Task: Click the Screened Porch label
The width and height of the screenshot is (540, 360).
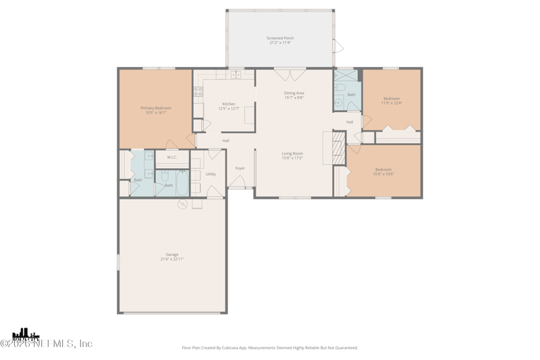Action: pyautogui.click(x=279, y=38)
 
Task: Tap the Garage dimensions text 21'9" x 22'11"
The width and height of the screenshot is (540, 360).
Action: pyautogui.click(x=172, y=259)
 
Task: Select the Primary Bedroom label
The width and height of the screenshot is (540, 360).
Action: pyautogui.click(x=156, y=108)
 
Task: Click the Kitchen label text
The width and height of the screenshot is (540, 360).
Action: pyautogui.click(x=229, y=104)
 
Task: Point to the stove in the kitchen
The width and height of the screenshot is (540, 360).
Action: pyautogui.click(x=198, y=91)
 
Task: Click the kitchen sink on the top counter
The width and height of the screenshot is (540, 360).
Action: pyautogui.click(x=236, y=74)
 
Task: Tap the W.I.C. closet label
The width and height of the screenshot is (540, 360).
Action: pyautogui.click(x=172, y=157)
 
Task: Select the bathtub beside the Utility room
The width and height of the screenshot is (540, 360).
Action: pyautogui.click(x=182, y=182)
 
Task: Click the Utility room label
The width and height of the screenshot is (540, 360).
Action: pyautogui.click(x=211, y=174)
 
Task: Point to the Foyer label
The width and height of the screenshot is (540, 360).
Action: pyautogui.click(x=240, y=168)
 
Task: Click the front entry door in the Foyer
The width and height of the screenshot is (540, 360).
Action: pyautogui.click(x=236, y=182)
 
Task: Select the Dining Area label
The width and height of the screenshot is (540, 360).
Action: pyautogui.click(x=294, y=93)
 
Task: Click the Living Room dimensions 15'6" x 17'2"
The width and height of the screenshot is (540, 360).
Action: pyautogui.click(x=292, y=158)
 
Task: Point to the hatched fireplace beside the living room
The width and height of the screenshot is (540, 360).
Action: pyautogui.click(x=339, y=148)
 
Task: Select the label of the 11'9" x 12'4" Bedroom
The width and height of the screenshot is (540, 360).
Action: pyautogui.click(x=391, y=99)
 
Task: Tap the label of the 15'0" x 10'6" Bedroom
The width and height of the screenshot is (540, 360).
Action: pyautogui.click(x=383, y=170)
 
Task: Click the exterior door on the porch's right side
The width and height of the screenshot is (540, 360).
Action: pyautogui.click(x=338, y=47)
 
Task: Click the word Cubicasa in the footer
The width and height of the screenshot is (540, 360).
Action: pyautogui.click(x=242, y=348)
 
